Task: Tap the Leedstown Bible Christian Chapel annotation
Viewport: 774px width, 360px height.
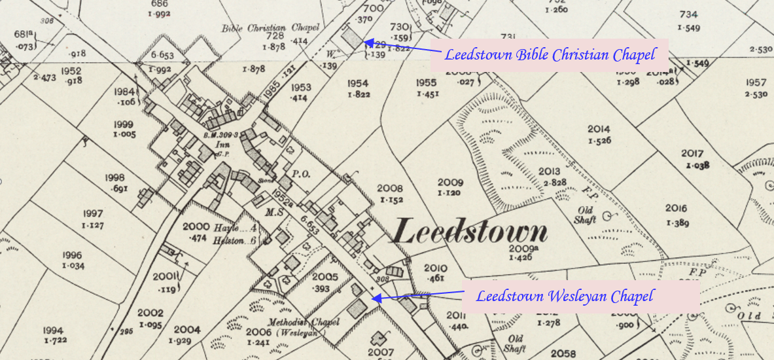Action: point(550,55)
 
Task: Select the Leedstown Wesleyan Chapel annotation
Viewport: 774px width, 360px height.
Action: point(564,297)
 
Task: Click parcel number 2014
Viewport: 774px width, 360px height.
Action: point(598,129)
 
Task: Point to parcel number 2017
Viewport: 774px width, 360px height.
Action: point(692,154)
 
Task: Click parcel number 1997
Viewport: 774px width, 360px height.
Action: point(93,213)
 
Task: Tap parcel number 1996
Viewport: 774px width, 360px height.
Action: point(72,255)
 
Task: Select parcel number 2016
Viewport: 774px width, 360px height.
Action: point(676,208)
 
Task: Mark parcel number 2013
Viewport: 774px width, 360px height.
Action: point(549,171)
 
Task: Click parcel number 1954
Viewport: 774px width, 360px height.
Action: point(358,83)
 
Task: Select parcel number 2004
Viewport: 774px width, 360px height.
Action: point(186,329)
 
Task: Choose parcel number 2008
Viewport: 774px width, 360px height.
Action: point(390,189)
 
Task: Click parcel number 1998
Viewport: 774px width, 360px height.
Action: point(114,177)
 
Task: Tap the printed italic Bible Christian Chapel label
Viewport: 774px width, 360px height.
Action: point(270,28)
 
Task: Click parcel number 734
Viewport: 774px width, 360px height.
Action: point(688,14)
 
